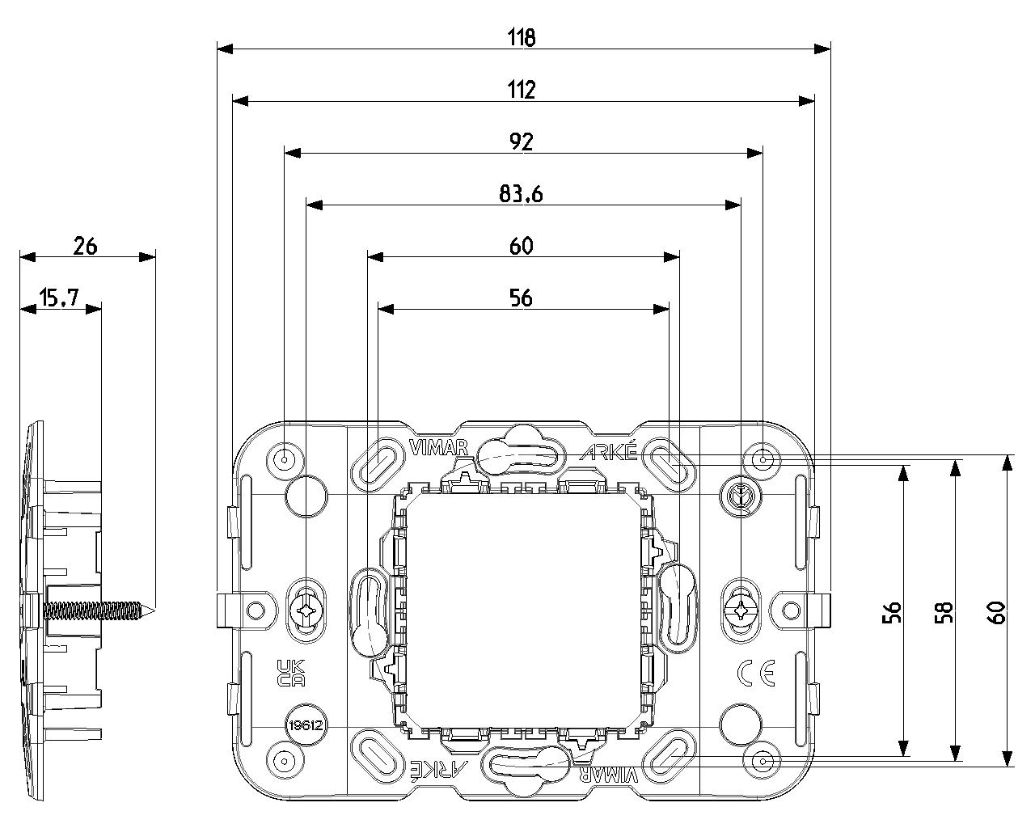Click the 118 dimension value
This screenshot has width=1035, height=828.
point(522,37)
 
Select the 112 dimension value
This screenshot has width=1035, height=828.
point(522,90)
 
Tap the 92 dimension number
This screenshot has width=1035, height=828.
point(522,142)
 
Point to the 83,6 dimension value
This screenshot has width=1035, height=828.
point(521,194)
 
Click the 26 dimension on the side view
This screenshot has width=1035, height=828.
point(85,247)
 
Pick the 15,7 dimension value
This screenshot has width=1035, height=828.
point(59,298)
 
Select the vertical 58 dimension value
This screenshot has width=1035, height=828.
point(944,612)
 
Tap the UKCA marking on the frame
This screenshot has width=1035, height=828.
point(291,673)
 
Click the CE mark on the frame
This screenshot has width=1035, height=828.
point(756,673)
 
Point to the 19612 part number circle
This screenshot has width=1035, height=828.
point(306,725)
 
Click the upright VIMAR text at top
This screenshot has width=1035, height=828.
point(438,447)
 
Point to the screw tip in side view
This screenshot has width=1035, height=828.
point(154,611)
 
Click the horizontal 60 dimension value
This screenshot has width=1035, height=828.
point(522,247)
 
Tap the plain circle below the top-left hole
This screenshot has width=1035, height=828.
point(306,496)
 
